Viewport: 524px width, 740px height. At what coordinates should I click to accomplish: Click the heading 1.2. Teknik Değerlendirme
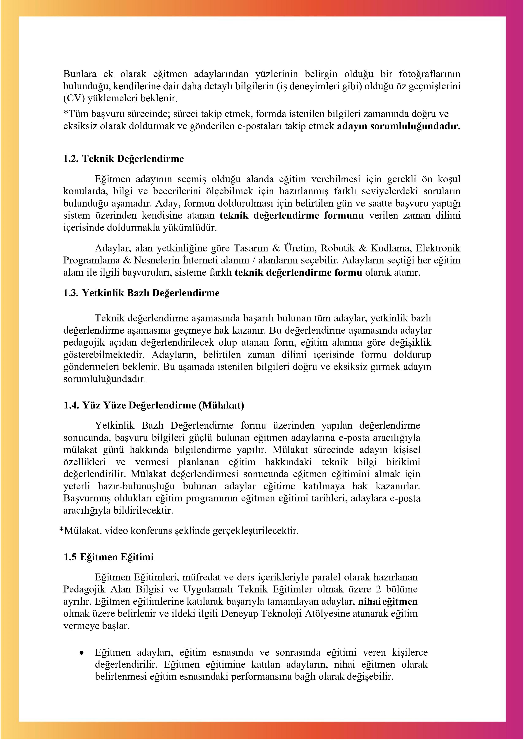tap(124, 159)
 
